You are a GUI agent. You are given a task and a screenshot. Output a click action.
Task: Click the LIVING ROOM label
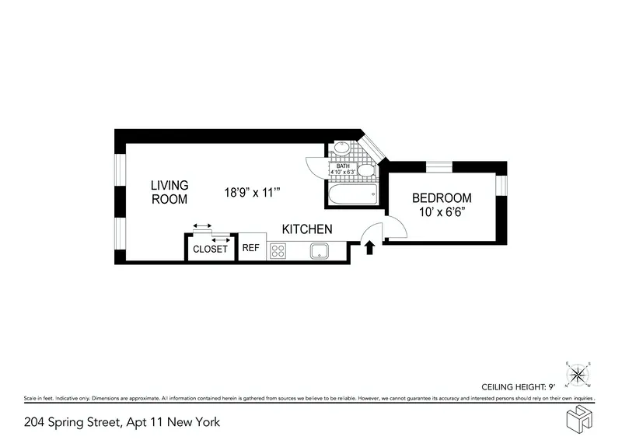tap(169, 192)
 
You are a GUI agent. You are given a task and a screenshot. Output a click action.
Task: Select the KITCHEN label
tap(307, 229)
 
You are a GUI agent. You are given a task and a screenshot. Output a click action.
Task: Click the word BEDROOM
tap(442, 197)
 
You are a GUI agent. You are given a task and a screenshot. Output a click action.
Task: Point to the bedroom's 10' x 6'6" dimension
tap(442, 211)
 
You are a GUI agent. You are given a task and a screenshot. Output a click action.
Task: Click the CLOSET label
tap(210, 249)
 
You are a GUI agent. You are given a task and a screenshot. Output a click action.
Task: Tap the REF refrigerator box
tap(250, 249)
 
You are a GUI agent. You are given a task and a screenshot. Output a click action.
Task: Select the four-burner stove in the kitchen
tap(278, 250)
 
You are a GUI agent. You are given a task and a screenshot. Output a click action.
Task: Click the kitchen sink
tap(318, 250)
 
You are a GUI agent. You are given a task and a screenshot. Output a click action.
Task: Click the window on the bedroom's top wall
tap(439, 166)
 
